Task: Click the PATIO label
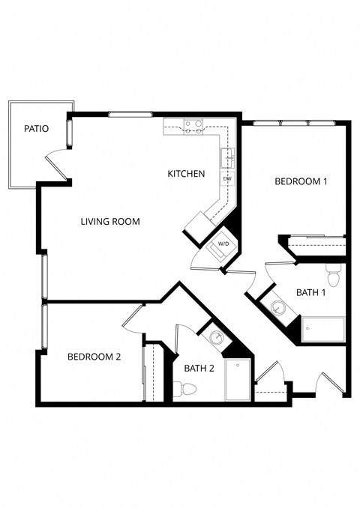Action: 36,129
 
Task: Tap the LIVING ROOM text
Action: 111,222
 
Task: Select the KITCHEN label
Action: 186,174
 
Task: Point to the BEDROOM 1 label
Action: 301,181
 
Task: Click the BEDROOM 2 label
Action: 94,357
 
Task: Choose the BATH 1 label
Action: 311,292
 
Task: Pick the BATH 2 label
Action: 199,367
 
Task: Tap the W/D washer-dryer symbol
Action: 223,244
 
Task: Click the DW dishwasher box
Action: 226,179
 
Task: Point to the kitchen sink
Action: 227,158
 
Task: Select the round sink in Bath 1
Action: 277,307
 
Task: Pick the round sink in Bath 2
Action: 216,337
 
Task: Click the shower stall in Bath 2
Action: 237,379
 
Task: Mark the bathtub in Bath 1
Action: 323,328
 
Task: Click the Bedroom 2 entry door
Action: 133,318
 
